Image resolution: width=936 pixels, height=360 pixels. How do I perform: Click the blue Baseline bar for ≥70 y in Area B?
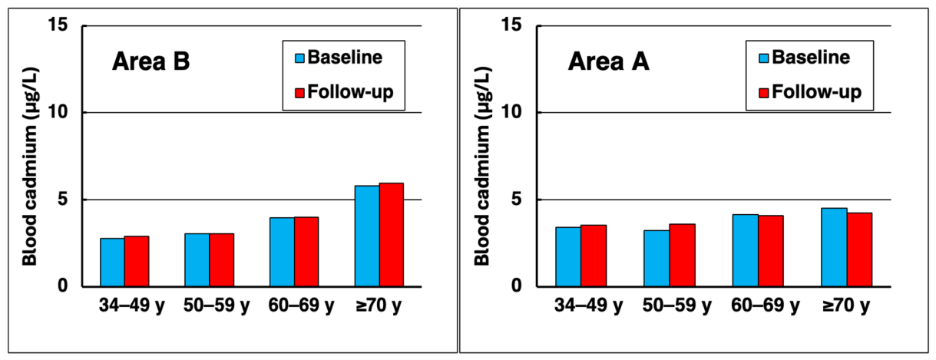(367, 236)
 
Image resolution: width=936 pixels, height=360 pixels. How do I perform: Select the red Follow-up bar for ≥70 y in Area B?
(392, 235)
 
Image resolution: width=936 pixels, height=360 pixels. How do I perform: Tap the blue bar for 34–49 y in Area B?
(112, 263)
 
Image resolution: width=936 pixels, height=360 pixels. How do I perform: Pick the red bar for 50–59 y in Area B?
(222, 260)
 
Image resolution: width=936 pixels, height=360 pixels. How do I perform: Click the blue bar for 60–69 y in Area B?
(282, 252)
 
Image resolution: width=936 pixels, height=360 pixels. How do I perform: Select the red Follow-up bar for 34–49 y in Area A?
(594, 256)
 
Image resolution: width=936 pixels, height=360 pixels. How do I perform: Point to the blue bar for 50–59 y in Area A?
(657, 259)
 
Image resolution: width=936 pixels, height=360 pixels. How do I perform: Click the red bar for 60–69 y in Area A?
(771, 251)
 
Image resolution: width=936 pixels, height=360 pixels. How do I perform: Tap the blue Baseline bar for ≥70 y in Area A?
(834, 247)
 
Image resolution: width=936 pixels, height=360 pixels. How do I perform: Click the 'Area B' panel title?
(150, 61)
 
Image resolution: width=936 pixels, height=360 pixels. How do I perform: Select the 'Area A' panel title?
(608, 61)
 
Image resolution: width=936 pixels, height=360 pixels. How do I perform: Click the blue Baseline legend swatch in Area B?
(299, 58)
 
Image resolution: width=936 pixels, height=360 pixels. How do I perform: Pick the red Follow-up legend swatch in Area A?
(763, 93)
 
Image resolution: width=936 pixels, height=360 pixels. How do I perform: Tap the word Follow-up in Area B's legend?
(350, 92)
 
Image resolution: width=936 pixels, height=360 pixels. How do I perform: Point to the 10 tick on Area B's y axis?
(58, 112)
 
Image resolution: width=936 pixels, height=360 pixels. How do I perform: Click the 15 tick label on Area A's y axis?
(512, 25)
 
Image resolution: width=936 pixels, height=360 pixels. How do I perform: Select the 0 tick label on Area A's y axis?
(517, 286)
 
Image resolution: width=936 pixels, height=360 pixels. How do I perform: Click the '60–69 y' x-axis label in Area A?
(765, 306)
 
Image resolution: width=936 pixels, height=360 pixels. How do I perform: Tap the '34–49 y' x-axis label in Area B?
(131, 306)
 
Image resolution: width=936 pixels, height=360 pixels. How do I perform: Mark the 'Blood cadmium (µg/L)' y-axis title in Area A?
(483, 167)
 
